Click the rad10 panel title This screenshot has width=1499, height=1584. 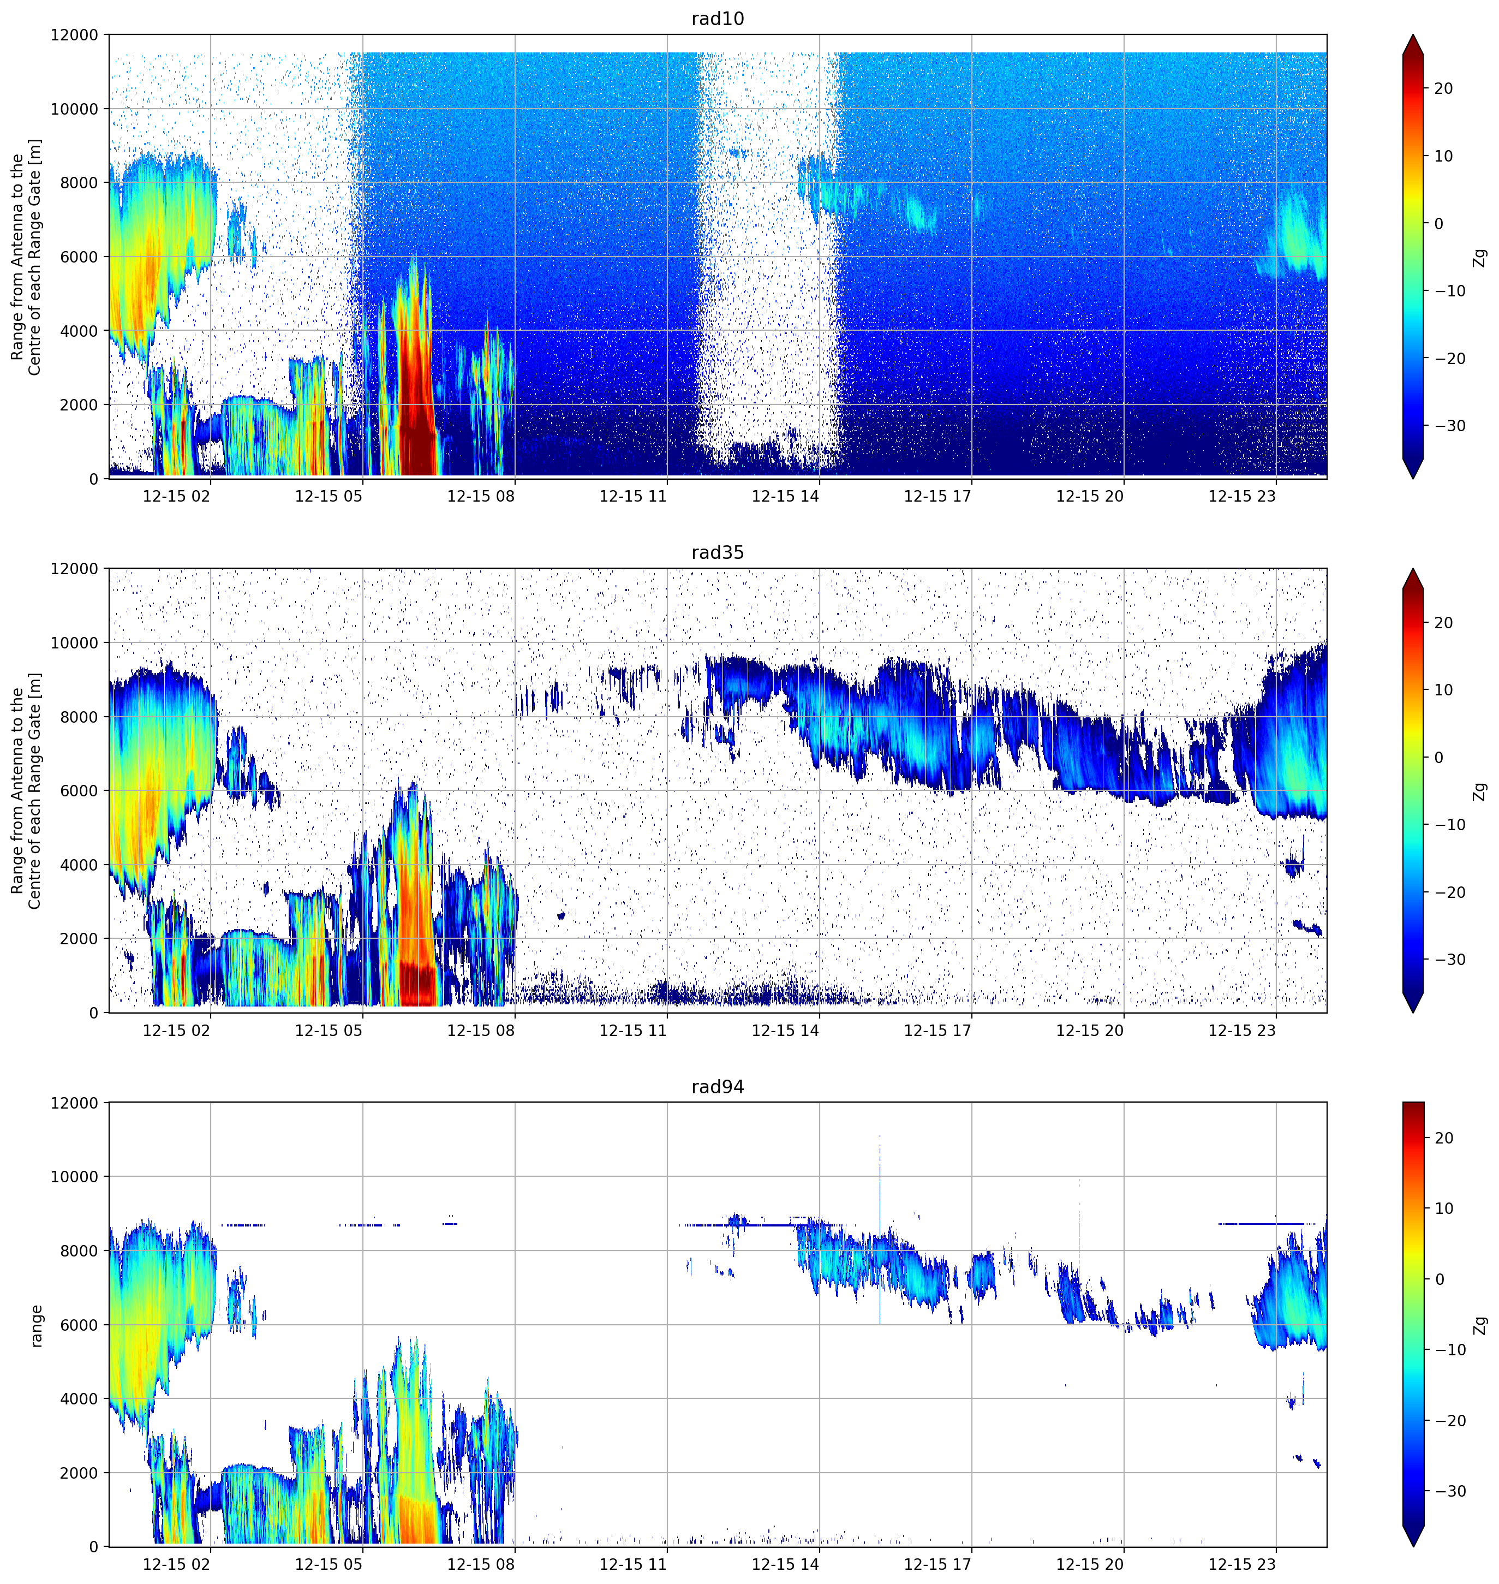click(x=718, y=19)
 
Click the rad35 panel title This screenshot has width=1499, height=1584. click(x=718, y=553)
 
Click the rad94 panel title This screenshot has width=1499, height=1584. click(x=718, y=1087)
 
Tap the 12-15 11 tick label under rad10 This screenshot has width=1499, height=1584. click(x=633, y=496)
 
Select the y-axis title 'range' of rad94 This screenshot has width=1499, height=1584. click(x=36, y=1326)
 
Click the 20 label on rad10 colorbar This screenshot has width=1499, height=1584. click(x=1443, y=89)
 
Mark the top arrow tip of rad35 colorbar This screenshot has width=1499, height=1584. click(x=1413, y=569)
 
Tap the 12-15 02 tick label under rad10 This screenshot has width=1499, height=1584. click(x=176, y=496)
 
